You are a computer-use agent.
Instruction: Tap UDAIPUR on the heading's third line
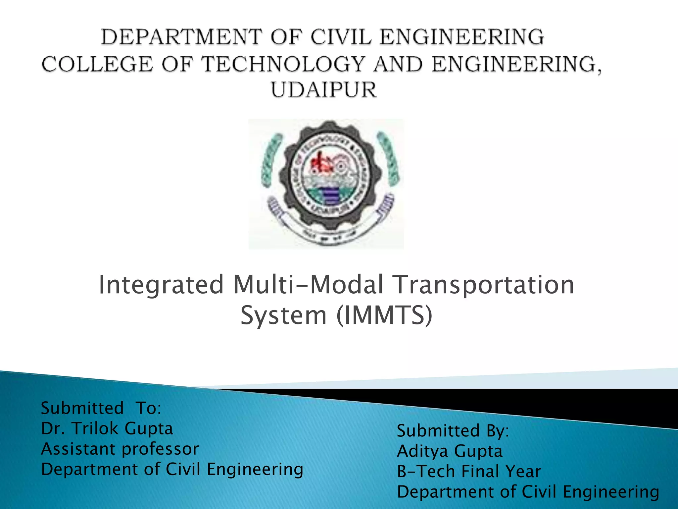click(x=324, y=90)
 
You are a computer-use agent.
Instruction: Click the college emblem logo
click(x=326, y=184)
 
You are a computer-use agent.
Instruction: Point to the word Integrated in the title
click(x=161, y=285)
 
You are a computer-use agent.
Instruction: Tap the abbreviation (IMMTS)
click(x=384, y=315)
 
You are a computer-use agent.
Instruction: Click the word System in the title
click(x=283, y=316)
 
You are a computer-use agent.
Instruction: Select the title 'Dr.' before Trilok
click(x=53, y=428)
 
